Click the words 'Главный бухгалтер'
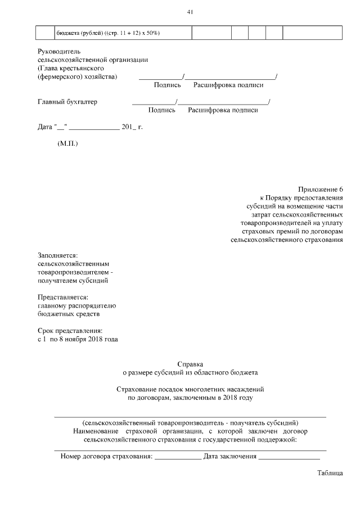[x=67, y=102]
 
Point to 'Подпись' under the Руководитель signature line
[x=167, y=85]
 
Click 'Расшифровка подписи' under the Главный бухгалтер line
[x=223, y=110]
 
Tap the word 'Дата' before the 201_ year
[x=45, y=127]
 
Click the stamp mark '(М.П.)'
[x=68, y=144]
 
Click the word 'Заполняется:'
[x=57, y=255]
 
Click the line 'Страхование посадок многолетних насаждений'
[x=190, y=389]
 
